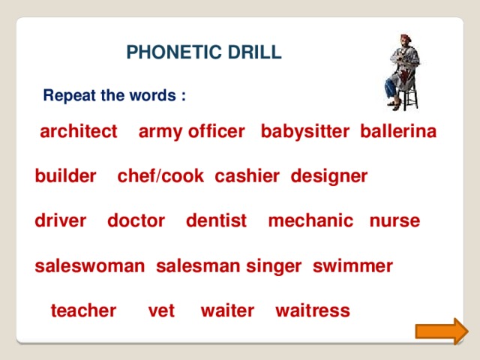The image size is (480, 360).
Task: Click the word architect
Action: [x=79, y=131]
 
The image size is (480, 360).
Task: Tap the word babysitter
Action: [x=305, y=132]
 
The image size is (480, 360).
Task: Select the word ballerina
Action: [x=398, y=131]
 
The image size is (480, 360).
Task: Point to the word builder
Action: [x=65, y=176]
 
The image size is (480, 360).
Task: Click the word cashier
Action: [x=247, y=176]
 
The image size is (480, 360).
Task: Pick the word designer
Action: [x=329, y=177]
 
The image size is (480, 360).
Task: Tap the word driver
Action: [x=61, y=220]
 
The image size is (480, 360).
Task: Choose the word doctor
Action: [x=136, y=220]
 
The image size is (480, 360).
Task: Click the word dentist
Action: [x=217, y=220]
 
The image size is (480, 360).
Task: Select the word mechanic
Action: [x=310, y=220]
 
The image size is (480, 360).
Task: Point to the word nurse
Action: [x=395, y=221]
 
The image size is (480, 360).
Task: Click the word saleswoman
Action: [x=90, y=265]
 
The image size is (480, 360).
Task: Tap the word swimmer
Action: [x=352, y=265]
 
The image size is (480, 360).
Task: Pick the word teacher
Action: [x=83, y=310]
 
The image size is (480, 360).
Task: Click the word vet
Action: [x=161, y=311]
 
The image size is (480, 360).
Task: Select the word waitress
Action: [x=313, y=310]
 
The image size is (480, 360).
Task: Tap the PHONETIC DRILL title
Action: [x=204, y=52]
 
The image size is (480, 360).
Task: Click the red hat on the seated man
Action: [x=406, y=37]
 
